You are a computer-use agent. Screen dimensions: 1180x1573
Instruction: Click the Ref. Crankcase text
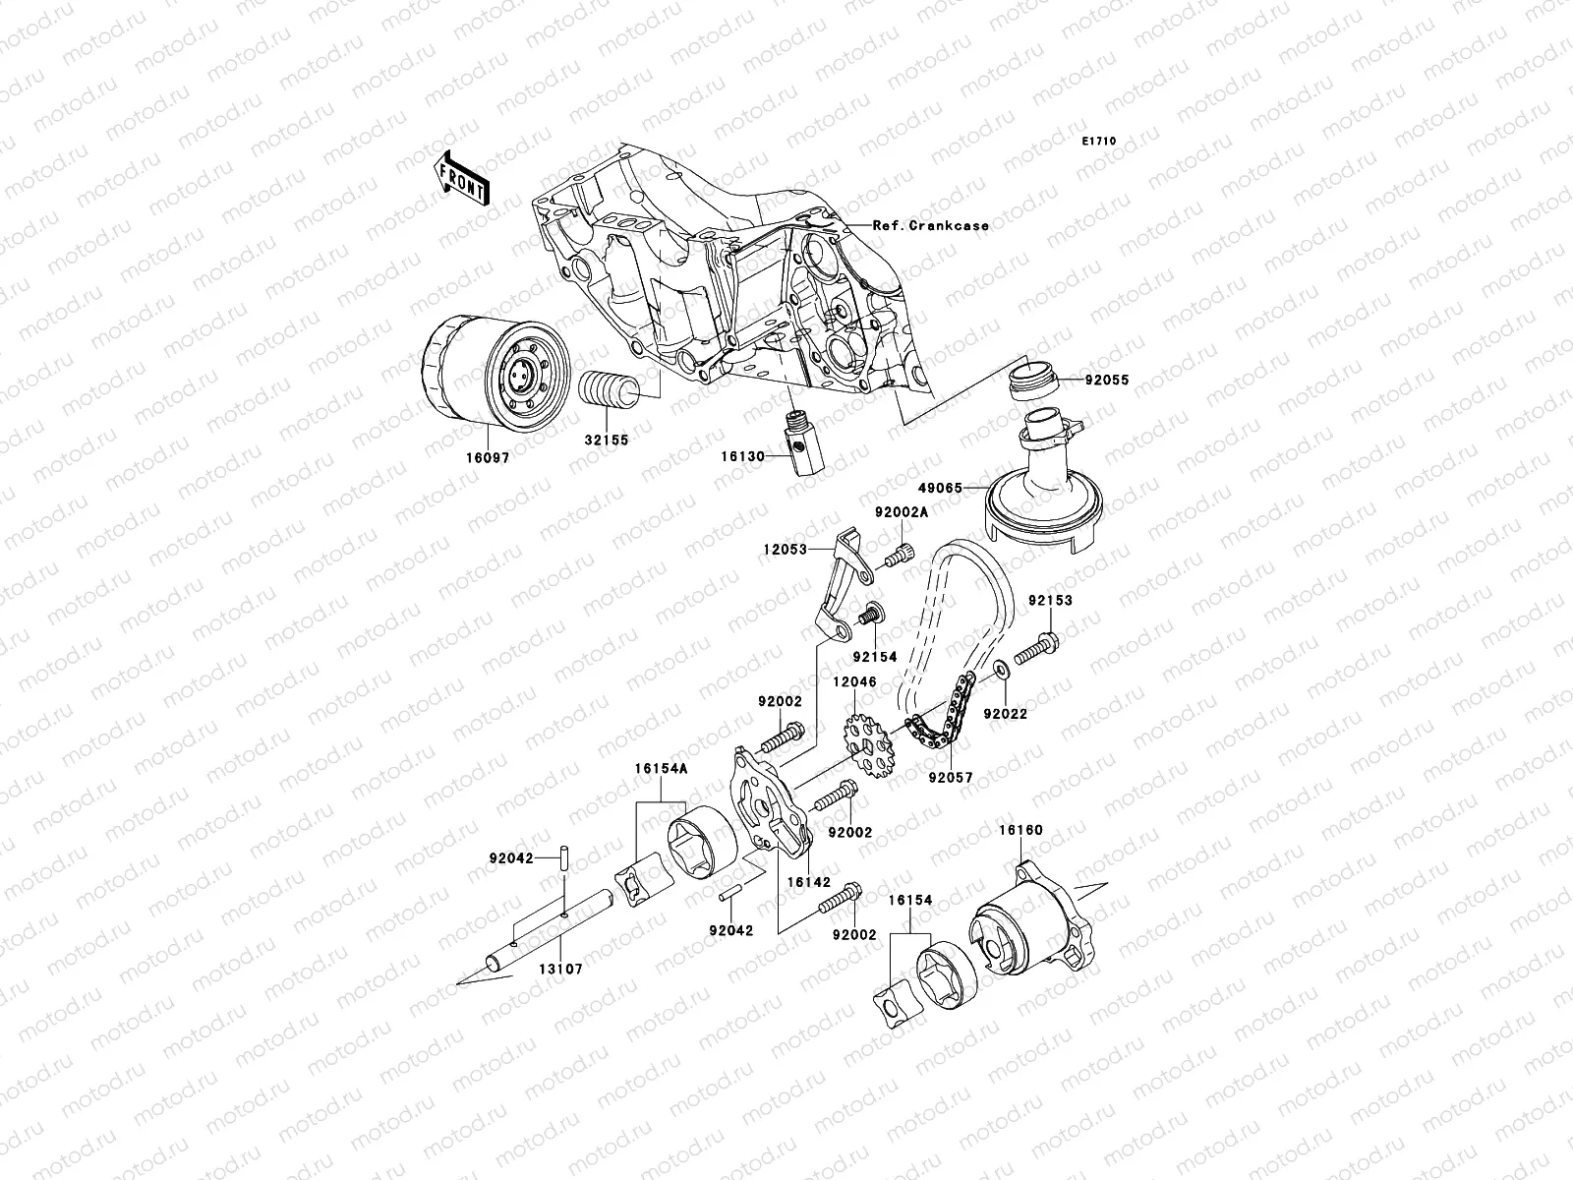pyautogui.click(x=930, y=225)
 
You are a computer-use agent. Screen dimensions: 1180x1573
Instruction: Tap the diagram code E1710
pyautogui.click(x=1099, y=142)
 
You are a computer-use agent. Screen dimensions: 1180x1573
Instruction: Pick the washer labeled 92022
pyautogui.click(x=1000, y=670)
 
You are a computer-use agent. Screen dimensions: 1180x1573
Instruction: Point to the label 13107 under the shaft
pyautogui.click(x=560, y=969)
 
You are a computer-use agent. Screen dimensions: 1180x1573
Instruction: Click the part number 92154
pyautogui.click(x=874, y=657)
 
